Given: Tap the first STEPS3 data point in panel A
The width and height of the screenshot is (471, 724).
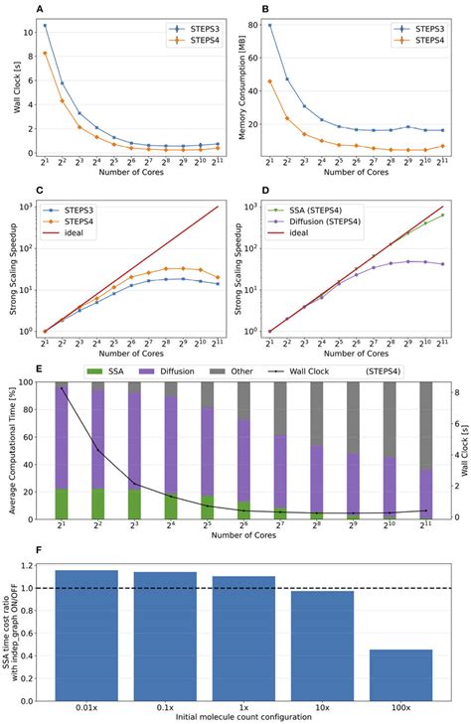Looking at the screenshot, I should pyautogui.click(x=45, y=25).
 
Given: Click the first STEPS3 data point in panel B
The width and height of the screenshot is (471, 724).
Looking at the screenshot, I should pyautogui.click(x=271, y=25).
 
